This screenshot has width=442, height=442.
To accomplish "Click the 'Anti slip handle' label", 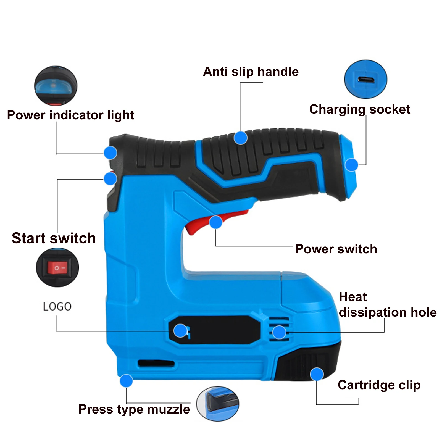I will [251, 72].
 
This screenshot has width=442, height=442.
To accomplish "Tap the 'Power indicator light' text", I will [70, 115].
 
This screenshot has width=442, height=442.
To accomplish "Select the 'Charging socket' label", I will [359, 109].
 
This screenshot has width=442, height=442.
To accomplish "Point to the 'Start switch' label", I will [54, 238].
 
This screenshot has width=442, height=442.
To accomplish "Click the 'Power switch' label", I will [336, 249].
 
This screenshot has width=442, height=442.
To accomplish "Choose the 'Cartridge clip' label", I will [379, 385].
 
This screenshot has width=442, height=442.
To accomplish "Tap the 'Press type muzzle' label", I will [134, 409].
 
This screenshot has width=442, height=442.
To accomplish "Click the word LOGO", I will [57, 307].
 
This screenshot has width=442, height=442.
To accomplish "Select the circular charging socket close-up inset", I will [365, 79].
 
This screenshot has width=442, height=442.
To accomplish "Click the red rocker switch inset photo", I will [57, 267].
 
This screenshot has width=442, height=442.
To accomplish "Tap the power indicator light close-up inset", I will [56, 86].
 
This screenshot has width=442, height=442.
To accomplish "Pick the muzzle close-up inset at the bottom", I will [218, 404].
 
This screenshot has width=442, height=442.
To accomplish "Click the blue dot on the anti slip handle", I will [240, 138].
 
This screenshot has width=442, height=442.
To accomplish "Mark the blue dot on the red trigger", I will [216, 222].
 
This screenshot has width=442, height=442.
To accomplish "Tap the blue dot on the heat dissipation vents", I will [279, 332].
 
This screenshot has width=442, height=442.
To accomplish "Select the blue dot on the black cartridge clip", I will [317, 374].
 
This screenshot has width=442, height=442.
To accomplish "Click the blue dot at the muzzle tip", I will [126, 381].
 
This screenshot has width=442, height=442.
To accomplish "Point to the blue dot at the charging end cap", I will [351, 165].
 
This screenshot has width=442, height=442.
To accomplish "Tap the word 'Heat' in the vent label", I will [352, 297].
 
